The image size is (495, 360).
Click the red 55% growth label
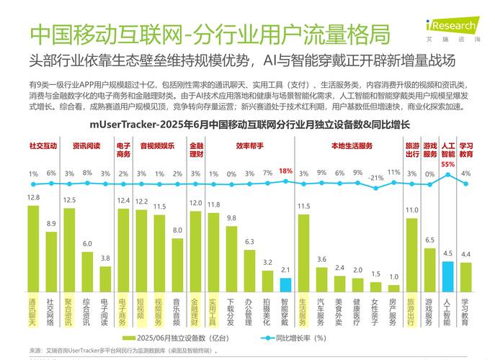[x=447, y=164]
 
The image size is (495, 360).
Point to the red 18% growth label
[x=285, y=171]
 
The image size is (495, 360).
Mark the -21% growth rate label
[x=375, y=177]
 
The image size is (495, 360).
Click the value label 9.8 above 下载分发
[x=231, y=218]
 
